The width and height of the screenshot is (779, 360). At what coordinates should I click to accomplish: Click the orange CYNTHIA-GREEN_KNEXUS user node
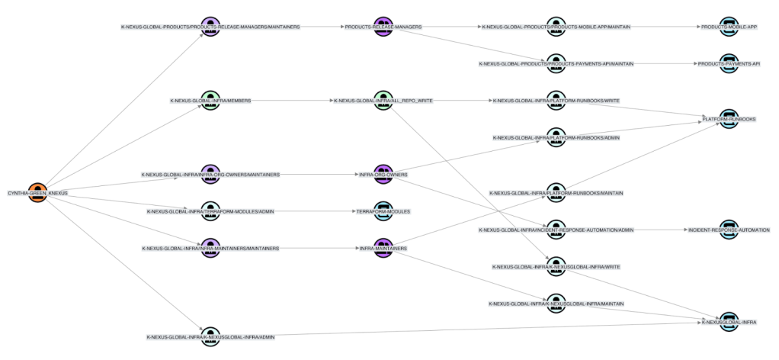[x=37, y=192]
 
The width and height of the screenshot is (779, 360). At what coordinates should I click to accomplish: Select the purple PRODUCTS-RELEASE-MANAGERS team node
[x=383, y=26]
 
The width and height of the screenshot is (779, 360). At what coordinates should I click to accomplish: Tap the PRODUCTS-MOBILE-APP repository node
[x=729, y=26]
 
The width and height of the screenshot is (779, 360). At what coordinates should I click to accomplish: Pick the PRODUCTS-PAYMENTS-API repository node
[x=729, y=63]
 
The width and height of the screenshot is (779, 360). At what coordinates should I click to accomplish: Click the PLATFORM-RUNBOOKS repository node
[x=729, y=119]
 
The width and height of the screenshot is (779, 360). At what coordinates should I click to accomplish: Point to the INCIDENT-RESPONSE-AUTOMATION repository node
[x=729, y=229]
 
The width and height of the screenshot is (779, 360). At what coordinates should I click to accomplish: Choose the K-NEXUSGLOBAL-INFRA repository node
[x=729, y=322]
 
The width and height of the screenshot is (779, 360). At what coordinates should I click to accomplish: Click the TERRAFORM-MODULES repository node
[x=383, y=211]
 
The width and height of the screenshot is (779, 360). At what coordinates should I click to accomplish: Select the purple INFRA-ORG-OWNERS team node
[x=383, y=174]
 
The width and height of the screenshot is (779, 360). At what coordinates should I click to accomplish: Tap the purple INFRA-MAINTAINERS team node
[x=383, y=248]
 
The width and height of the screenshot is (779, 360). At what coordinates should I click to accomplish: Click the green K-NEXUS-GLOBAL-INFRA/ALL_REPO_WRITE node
[x=383, y=100]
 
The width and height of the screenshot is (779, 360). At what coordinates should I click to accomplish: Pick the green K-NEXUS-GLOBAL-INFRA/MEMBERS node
[x=210, y=100]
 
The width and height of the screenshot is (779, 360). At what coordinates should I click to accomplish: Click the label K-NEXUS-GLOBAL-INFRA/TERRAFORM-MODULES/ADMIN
[x=210, y=211]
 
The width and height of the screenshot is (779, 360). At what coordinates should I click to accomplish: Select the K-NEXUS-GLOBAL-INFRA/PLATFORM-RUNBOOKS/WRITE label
[x=556, y=101]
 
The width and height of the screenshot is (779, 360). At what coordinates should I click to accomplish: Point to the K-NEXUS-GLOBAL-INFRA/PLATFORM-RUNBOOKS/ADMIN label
[x=556, y=138]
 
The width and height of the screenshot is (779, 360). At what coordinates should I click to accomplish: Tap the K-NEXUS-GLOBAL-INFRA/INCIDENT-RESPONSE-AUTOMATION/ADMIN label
[x=556, y=230]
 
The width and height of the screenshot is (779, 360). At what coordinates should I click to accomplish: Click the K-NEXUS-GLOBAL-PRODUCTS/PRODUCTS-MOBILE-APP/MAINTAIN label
[x=556, y=27]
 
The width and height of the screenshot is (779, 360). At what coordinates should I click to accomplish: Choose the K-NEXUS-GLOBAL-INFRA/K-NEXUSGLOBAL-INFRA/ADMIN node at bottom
[x=210, y=336]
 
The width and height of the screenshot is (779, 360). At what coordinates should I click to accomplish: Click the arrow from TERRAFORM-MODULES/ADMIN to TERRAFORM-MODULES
[x=313, y=211]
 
